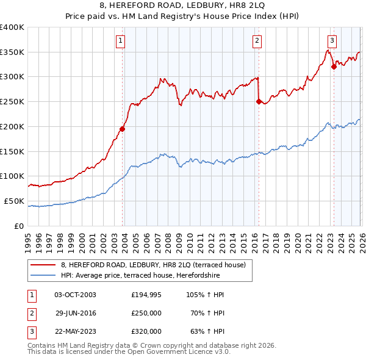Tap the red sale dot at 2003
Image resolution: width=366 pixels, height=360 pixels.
pyautogui.click(x=123, y=129)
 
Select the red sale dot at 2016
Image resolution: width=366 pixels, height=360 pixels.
pyautogui.click(x=259, y=101)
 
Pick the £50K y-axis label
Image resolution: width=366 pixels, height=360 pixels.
pyautogui.click(x=14, y=201)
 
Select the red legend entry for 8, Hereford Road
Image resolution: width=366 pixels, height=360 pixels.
pyautogui.click(x=152, y=265)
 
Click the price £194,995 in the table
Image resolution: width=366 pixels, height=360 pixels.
pyautogui.click(x=146, y=295)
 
